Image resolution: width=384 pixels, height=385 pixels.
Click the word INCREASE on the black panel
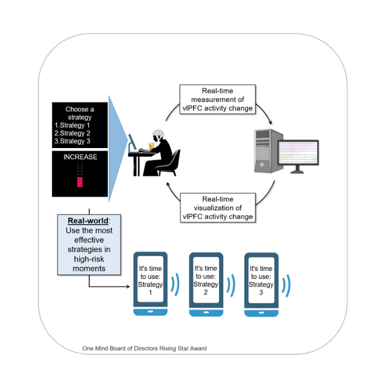(x=80, y=157)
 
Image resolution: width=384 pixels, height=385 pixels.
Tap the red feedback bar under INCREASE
(x=80, y=182)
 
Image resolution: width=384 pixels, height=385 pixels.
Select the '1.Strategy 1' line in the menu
(x=72, y=125)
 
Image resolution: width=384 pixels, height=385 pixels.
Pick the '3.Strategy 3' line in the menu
(x=72, y=141)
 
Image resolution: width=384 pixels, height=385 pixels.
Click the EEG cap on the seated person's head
(x=158, y=135)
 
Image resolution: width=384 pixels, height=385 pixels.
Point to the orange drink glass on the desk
(x=152, y=146)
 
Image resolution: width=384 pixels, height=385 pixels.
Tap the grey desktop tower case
(x=268, y=151)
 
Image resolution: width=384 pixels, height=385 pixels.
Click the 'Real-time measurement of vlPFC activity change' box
(x=218, y=100)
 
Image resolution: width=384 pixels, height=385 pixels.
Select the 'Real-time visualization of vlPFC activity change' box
(x=218, y=207)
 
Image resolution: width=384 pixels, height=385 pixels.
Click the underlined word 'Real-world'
(x=88, y=221)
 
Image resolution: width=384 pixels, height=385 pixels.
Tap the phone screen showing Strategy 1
(x=150, y=279)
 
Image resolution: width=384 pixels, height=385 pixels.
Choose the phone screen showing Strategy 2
(x=206, y=280)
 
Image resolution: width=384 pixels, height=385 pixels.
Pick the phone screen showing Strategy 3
(x=261, y=280)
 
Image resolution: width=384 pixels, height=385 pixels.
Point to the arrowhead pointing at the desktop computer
(x=270, y=122)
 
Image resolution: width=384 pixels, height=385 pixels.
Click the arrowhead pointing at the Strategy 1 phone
(x=128, y=286)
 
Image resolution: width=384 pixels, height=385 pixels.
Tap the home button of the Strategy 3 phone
(x=261, y=313)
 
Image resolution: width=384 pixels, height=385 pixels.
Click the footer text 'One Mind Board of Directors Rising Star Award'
(x=145, y=348)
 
